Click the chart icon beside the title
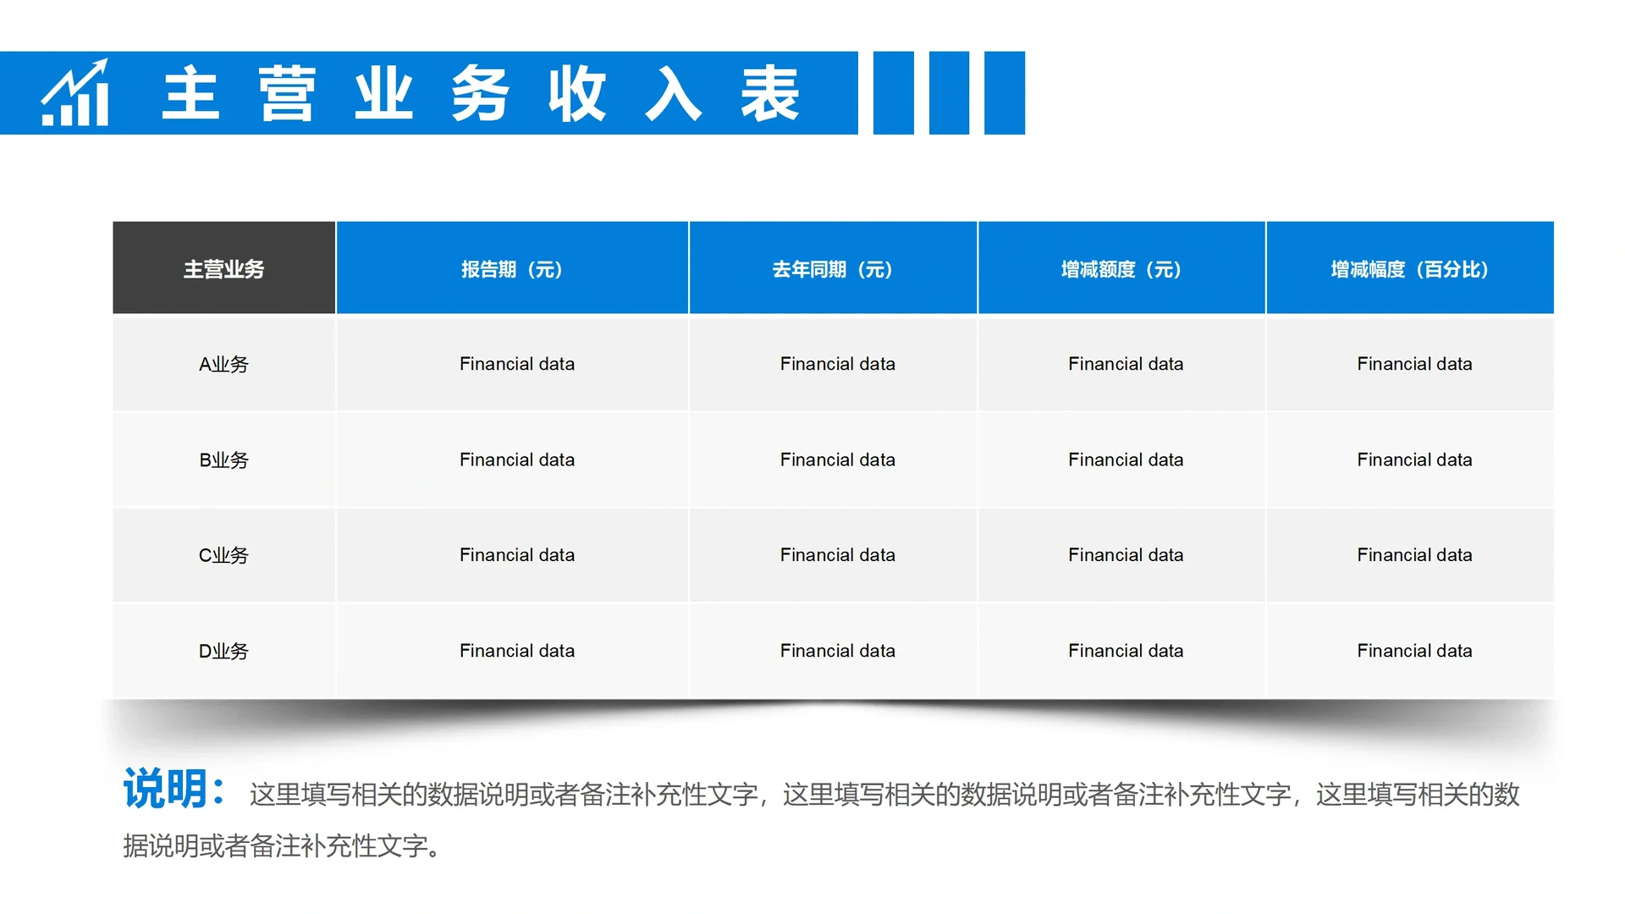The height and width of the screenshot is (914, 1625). click(75, 93)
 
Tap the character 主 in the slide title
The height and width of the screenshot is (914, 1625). click(191, 93)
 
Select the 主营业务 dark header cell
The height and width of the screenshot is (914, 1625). click(224, 269)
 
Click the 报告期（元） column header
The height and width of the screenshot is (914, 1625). click(512, 269)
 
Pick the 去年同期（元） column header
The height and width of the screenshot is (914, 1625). click(833, 269)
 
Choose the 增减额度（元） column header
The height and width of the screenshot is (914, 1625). click(1121, 269)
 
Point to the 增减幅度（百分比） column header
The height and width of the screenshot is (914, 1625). click(1410, 269)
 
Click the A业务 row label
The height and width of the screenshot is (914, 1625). click(224, 364)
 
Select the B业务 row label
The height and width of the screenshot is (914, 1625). click(224, 460)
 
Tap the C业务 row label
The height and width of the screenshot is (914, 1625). click(224, 555)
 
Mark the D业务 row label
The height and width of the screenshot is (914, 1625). click(224, 651)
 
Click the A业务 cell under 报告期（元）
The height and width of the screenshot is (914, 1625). click(517, 364)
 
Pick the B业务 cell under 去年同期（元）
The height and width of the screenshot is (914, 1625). click(837, 460)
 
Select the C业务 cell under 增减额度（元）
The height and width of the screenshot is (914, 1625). click(1126, 555)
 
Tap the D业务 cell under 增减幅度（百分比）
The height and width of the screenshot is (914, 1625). click(1414, 651)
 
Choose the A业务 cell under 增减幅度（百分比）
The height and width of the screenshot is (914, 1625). click(1414, 364)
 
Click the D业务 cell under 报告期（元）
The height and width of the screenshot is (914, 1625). click(517, 651)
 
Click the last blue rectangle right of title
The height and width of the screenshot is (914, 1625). click(1005, 93)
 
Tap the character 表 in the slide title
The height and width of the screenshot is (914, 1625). click(770, 93)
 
